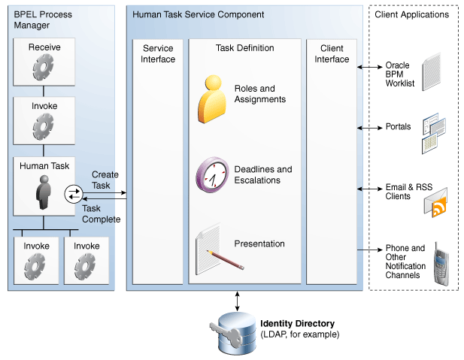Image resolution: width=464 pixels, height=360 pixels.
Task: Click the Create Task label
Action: (105, 180)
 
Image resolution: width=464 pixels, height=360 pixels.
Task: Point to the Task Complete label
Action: (101, 214)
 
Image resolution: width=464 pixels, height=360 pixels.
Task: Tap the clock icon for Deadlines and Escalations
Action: (212, 174)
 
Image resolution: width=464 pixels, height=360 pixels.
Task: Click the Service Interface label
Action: (158, 54)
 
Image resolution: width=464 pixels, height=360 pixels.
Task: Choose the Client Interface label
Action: (332, 54)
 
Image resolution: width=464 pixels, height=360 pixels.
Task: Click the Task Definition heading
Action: (244, 48)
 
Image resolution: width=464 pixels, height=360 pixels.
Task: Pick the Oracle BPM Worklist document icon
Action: (430, 72)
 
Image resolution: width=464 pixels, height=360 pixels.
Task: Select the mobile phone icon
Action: (441, 265)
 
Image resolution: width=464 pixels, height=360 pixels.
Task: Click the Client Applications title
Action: (411, 14)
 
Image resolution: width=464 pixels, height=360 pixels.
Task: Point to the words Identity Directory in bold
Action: (298, 324)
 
